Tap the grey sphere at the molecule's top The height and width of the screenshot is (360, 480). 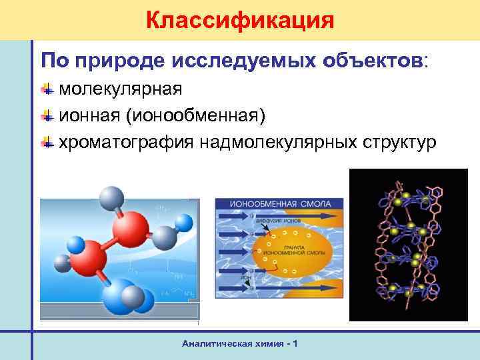tap(109, 199)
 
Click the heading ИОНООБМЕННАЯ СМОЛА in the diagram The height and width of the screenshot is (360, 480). tap(278, 204)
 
